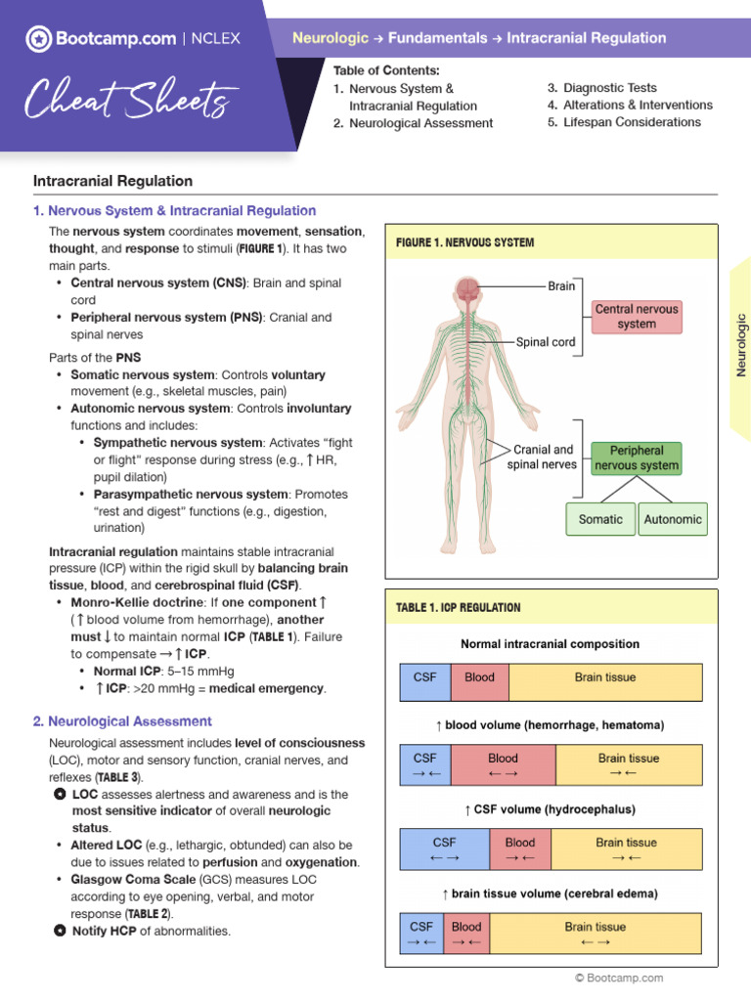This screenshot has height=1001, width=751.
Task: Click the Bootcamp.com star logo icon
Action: click(x=38, y=39)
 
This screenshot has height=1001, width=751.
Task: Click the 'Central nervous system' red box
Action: click(x=637, y=316)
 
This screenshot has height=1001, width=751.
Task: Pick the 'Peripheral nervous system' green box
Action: click(x=637, y=457)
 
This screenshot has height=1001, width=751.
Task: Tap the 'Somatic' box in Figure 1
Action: click(x=599, y=519)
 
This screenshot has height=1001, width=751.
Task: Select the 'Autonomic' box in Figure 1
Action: click(x=672, y=519)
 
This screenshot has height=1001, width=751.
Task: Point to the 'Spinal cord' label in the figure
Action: click(x=547, y=342)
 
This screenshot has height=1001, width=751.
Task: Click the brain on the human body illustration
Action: click(x=468, y=288)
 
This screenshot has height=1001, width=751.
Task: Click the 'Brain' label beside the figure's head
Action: click(x=561, y=286)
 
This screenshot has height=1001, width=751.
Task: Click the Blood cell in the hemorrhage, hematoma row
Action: click(x=503, y=765)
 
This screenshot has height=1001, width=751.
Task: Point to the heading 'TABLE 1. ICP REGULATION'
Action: click(x=458, y=608)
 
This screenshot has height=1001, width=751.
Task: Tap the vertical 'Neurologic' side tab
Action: click(x=740, y=344)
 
